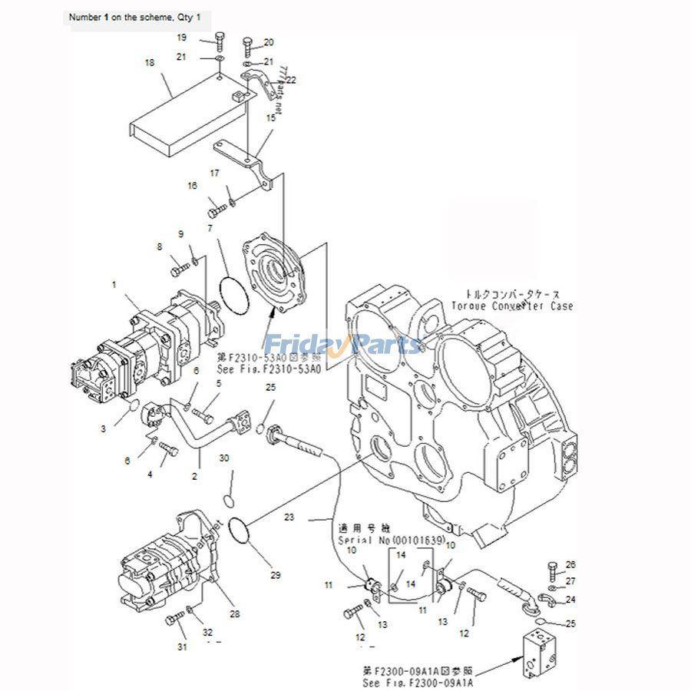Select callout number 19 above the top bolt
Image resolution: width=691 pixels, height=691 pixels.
182,37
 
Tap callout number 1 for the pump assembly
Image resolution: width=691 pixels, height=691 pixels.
114,284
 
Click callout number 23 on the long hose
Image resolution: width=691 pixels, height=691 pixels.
289,517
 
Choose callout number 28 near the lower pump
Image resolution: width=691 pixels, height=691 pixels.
234,613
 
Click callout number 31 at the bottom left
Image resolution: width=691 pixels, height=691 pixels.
182,646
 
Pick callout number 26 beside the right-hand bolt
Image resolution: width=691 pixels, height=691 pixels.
570,565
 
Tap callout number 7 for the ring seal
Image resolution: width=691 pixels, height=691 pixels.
210,228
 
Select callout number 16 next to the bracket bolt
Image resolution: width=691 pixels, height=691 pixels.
192,186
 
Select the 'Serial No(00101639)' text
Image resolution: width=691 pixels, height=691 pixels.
392,541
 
